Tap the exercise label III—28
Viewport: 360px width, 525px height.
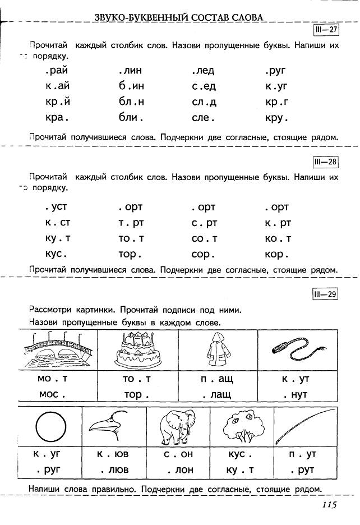(325, 162)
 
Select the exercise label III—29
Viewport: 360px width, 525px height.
(325, 293)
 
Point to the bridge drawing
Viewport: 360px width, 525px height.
(58, 349)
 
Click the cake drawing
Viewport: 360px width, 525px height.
(137, 349)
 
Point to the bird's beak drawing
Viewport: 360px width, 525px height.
(114, 428)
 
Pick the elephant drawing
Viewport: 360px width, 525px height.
(178, 427)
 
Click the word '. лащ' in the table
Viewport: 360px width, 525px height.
(217, 394)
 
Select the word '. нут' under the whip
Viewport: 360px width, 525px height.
(296, 394)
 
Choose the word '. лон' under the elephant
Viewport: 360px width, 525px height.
(178, 470)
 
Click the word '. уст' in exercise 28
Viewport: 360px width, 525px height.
(56, 208)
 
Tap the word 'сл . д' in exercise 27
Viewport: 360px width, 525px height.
(204, 103)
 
